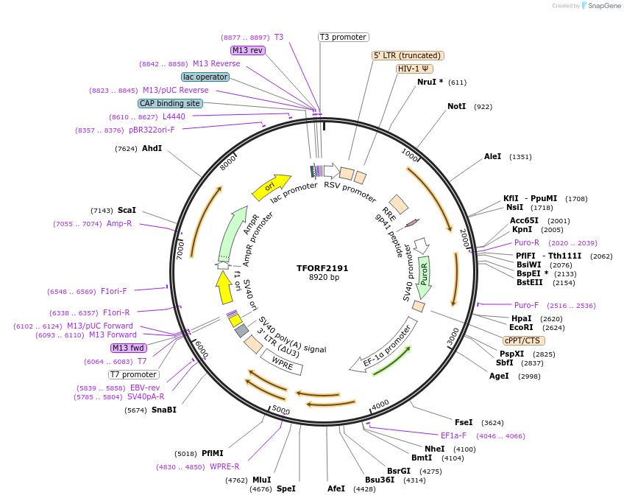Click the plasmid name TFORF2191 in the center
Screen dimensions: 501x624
pos(322,268)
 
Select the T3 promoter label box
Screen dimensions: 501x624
pos(343,37)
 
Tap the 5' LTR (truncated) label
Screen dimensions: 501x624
pos(408,55)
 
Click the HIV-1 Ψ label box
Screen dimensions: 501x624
pos(414,69)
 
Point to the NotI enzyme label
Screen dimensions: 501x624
pos(456,107)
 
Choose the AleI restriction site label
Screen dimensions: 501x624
pos(492,156)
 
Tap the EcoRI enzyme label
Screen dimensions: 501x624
pos(521,327)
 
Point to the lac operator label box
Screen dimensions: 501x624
pos(205,77)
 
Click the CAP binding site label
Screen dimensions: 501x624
pos(169,103)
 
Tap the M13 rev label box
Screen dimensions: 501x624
pos(247,50)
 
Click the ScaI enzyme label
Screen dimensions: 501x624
pos(127,210)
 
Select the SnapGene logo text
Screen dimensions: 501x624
pos(601,6)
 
